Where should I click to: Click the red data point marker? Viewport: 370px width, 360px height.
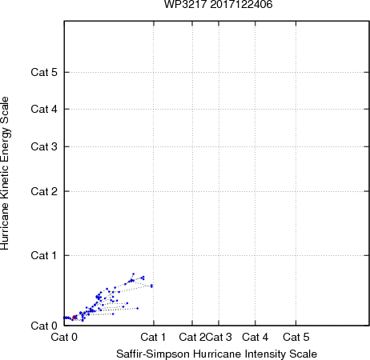click(x=74, y=317)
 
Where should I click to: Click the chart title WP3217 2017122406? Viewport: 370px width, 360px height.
click(x=218, y=5)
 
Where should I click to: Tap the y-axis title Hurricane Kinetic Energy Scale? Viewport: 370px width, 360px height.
click(x=5, y=173)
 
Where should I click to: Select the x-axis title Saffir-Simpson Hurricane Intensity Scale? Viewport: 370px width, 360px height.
click(x=216, y=354)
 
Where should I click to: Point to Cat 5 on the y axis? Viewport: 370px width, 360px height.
click(x=44, y=72)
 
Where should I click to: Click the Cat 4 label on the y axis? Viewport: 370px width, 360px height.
click(x=44, y=109)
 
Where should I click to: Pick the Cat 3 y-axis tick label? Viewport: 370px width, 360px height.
click(x=44, y=146)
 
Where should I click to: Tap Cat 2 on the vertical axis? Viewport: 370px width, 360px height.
click(x=44, y=191)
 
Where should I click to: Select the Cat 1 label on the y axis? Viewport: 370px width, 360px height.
click(x=44, y=255)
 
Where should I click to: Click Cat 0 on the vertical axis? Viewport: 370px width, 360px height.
click(x=44, y=326)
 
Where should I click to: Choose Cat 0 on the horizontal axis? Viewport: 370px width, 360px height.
click(x=64, y=337)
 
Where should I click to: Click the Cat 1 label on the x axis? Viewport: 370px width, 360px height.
click(x=153, y=337)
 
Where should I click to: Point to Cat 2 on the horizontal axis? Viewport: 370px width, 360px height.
click(x=192, y=337)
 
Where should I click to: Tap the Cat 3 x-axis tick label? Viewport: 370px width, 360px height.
click(x=219, y=337)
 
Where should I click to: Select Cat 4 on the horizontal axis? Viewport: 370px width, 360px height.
click(x=255, y=337)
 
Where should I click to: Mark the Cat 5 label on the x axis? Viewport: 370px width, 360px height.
click(x=296, y=337)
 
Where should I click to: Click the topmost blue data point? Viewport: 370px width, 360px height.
click(x=134, y=274)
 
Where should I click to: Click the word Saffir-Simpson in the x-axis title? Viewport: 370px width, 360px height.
click(x=153, y=354)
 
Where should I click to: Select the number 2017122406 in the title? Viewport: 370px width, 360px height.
click(x=241, y=5)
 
